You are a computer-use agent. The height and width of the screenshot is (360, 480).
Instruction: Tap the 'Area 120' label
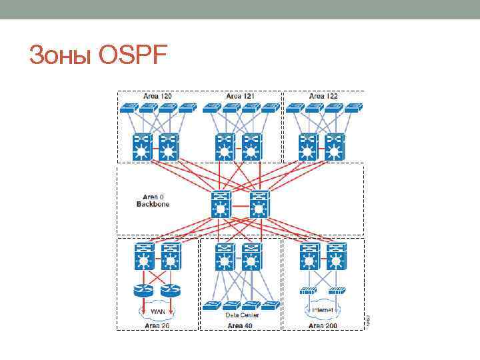pos(157,96)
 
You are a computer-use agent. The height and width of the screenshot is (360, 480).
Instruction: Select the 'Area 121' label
pos(241,96)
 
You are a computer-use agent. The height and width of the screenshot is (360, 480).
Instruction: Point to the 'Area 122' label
pos(323,96)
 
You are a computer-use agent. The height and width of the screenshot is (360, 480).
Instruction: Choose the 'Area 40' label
pos(241,325)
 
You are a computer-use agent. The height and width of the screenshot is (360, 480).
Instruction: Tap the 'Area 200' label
pos(324,325)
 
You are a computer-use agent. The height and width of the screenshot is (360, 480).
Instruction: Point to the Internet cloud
pos(323,311)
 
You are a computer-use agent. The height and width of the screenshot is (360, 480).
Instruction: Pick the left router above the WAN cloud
pos(143,291)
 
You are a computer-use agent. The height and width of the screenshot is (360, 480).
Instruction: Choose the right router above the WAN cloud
pos(171,291)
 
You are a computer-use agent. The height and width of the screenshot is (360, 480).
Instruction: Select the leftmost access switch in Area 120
pos(129,107)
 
